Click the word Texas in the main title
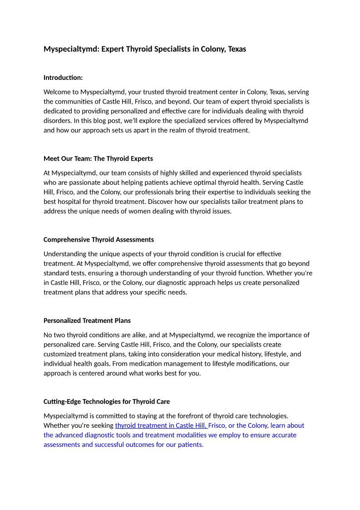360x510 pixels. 236,49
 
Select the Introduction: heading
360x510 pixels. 63,78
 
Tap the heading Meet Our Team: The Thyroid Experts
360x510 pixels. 98,158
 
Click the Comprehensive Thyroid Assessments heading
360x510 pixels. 99,239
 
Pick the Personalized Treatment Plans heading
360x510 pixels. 87,320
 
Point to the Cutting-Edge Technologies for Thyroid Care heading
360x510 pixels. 107,401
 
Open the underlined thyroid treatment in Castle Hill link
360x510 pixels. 161,426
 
